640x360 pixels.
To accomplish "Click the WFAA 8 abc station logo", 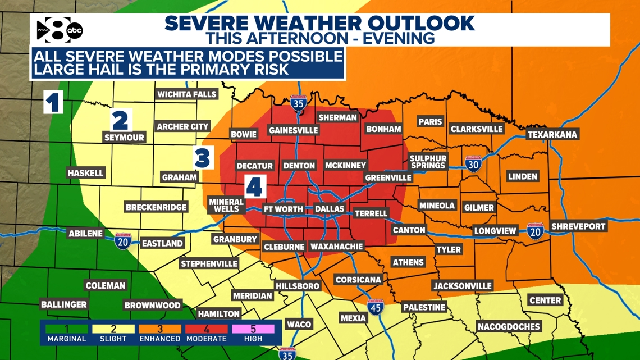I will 60,30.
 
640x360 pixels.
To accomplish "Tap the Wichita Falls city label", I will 186,94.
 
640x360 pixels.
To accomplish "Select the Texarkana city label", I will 552,135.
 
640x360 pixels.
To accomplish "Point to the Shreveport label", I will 578,226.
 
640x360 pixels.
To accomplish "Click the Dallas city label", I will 329,209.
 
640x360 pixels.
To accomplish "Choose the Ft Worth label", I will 284,209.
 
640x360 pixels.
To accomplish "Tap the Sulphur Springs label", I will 428,162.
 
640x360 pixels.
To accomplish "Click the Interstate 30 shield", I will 473,163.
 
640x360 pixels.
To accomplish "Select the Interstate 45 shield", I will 376,307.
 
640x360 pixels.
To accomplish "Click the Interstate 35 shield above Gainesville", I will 298,103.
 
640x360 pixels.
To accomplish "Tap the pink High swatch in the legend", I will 253,329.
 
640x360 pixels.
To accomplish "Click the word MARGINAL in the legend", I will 67,339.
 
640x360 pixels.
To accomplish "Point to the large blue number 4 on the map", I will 255,186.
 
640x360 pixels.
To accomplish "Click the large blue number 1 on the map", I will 53,103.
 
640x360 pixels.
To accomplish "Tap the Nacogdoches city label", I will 508,326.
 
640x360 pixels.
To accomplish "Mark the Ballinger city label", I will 64,304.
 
